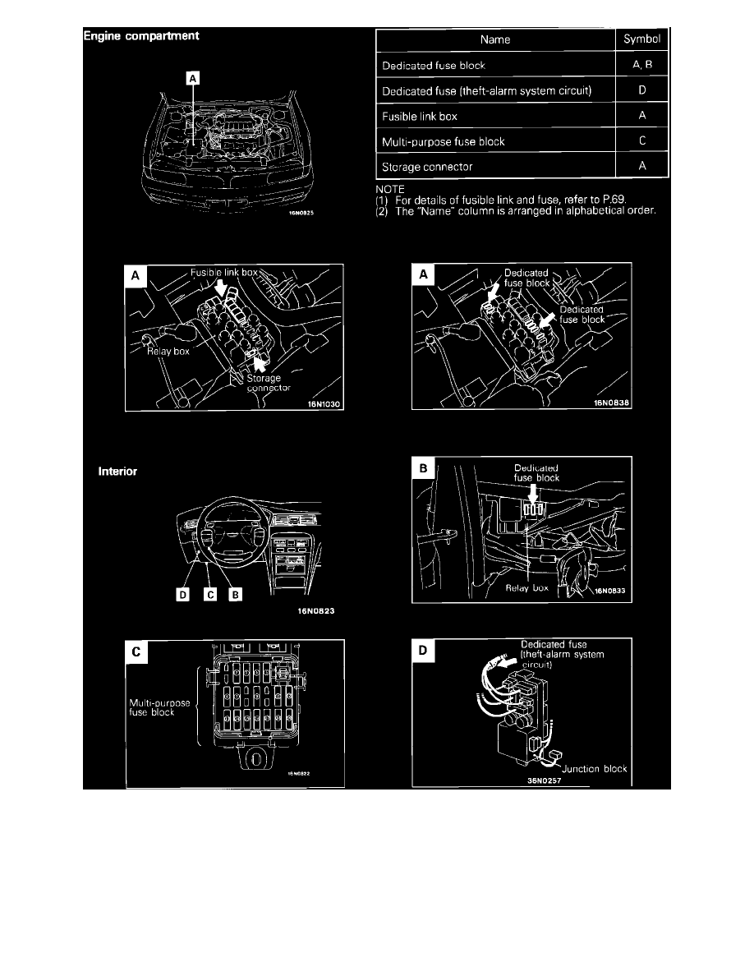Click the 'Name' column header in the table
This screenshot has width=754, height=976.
(x=494, y=39)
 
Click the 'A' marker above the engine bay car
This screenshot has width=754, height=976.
(x=192, y=78)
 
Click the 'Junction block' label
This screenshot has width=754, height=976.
(x=596, y=769)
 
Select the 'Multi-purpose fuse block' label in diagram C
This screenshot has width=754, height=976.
(x=160, y=707)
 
